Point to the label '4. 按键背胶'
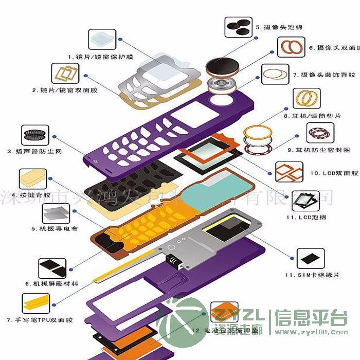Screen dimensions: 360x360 point(35,196)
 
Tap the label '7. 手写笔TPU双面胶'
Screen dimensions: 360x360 point(40,320)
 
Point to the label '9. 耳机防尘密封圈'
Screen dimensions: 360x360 point(318,150)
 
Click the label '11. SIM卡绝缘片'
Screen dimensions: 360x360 point(312,275)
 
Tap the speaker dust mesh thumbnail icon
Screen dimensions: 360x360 point(35,135)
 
